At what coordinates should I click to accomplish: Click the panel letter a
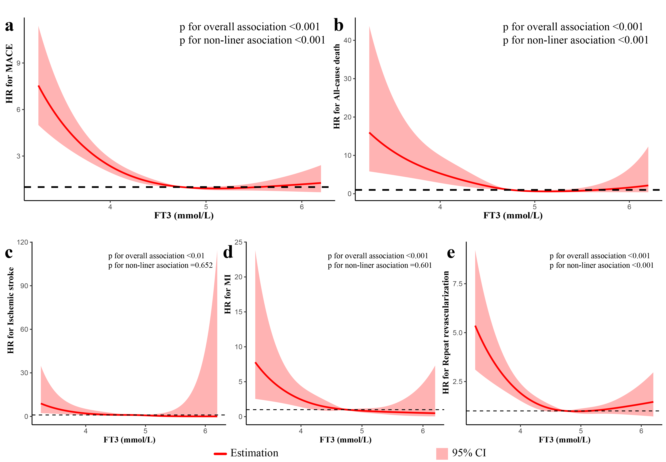pyautogui.click(x=9, y=26)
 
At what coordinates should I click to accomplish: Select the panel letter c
pyautogui.click(x=9, y=253)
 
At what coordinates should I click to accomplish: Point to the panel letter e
pyautogui.click(x=451, y=253)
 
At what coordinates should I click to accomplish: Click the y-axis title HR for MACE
pyautogui.click(x=9, y=74)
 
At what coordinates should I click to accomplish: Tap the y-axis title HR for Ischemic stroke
pyautogui.click(x=10, y=310)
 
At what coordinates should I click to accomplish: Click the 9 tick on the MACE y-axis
pyautogui.click(x=19, y=63)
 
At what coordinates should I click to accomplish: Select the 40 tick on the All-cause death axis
pyautogui.click(x=347, y=40)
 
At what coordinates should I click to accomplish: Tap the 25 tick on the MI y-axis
pyautogui.click(x=238, y=242)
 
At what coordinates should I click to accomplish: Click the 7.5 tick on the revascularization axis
pyautogui.click(x=457, y=284)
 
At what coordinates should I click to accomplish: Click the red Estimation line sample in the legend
pyautogui.click(x=220, y=454)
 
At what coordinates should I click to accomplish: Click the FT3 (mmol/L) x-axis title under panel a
pyautogui.click(x=184, y=216)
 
